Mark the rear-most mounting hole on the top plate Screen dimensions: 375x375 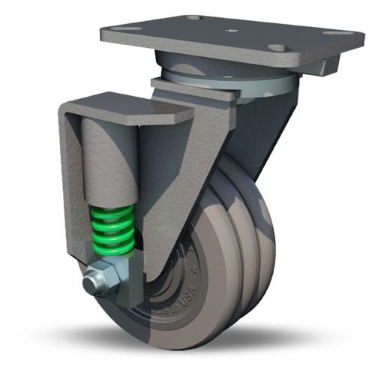click(193, 16)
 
